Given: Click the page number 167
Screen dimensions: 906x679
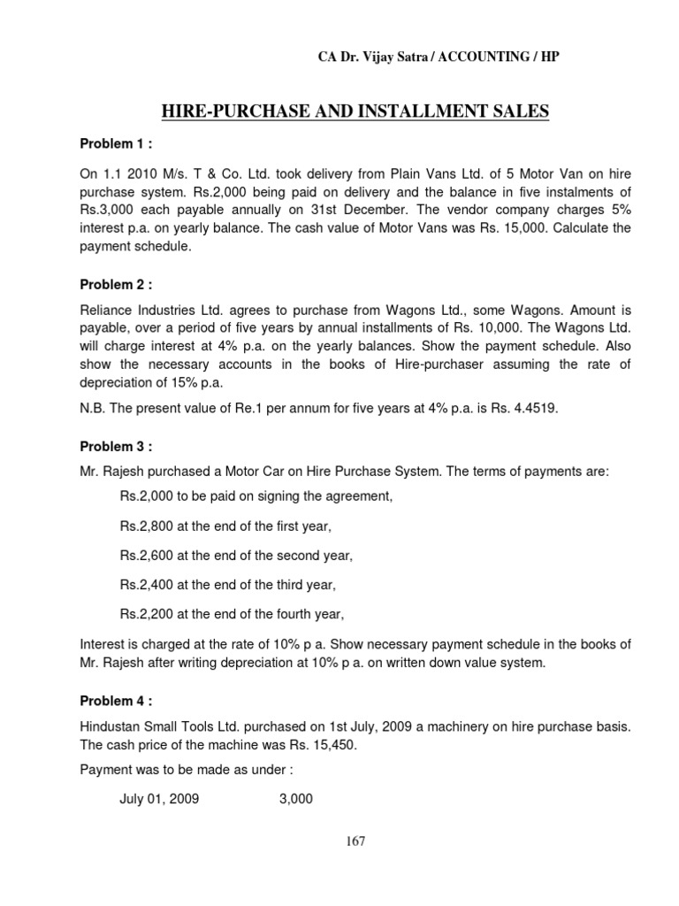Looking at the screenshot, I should [356, 841].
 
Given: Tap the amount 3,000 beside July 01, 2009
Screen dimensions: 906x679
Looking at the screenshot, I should [294, 799].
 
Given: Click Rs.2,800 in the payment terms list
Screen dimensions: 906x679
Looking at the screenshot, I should [146, 526].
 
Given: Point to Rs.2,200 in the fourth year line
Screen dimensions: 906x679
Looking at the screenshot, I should [146, 613].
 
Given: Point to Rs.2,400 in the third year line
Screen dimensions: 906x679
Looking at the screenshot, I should [146, 584].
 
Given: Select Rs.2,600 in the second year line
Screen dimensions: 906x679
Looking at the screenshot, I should [146, 556].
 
